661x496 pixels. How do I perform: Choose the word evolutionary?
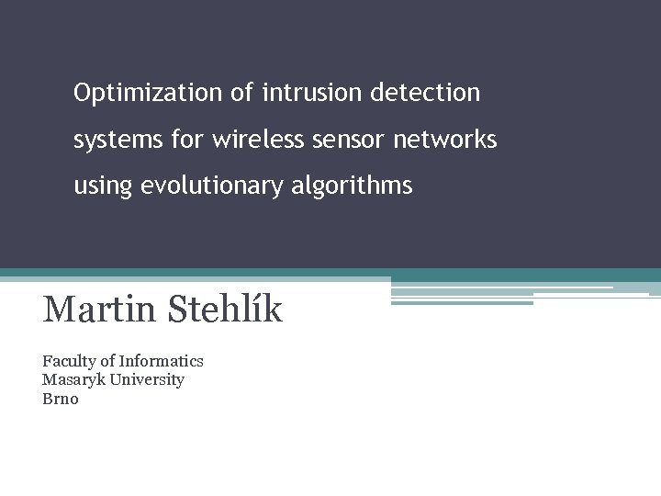[213, 186]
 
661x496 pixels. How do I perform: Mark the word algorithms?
[353, 186]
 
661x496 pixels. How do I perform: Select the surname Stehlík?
[224, 310]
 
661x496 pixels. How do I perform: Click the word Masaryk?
[73, 379]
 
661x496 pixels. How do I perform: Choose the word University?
[147, 379]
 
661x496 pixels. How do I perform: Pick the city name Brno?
[61, 399]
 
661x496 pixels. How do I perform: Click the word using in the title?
[104, 186]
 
